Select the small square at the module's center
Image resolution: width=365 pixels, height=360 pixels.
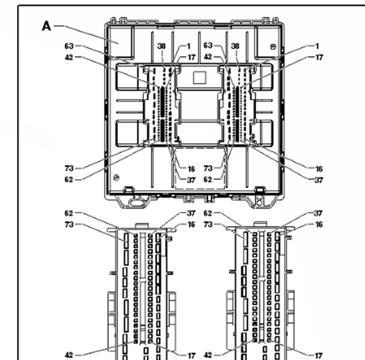[x=199, y=76]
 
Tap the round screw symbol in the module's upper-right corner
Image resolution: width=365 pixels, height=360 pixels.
[x=274, y=47]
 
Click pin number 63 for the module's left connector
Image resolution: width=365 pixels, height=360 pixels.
[x=69, y=46]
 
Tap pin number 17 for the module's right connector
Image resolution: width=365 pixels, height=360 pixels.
[x=318, y=57]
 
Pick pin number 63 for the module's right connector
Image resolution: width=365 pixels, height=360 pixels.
[x=208, y=46]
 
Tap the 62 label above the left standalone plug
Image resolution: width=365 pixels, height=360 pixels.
[x=69, y=213]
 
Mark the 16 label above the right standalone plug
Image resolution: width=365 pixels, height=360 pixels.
[x=318, y=225]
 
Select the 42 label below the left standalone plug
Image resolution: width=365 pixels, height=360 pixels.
[x=69, y=355]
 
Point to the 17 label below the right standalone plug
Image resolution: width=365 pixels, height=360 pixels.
[x=318, y=355]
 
